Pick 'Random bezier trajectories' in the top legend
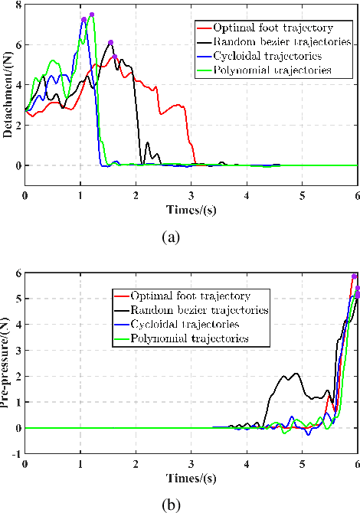[277, 42]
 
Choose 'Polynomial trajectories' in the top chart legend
[272, 70]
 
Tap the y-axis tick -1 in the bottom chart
[17, 454]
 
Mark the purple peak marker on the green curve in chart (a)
[92, 15]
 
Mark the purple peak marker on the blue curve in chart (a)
[83, 19]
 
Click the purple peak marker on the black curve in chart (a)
[110, 43]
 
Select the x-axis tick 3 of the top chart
[191, 195]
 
